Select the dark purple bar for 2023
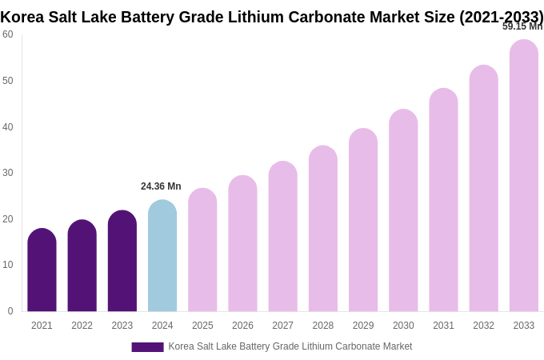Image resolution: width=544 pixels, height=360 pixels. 122,262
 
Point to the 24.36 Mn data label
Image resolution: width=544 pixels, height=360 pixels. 161,186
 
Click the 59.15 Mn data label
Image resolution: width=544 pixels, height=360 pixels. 522,26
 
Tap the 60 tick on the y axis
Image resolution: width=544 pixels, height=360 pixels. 8,34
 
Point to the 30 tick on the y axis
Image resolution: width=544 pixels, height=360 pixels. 8,173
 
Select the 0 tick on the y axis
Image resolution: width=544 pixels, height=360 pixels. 10,311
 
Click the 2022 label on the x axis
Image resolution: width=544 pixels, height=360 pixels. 82,326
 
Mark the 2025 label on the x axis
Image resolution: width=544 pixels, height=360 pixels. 202,326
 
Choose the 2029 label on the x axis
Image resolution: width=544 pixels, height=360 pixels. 363,326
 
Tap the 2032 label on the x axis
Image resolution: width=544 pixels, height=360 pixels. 483,326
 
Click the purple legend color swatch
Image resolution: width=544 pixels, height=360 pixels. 147,347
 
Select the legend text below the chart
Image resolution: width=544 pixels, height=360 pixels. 290,346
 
